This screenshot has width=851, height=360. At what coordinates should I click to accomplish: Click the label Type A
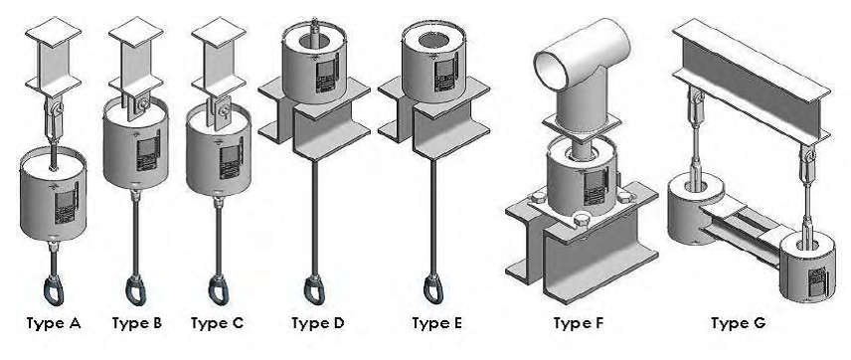coord(55,323)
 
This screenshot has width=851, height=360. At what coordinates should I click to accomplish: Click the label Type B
coord(135,323)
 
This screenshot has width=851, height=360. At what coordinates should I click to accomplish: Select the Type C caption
coord(217,323)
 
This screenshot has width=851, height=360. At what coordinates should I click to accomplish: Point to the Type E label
coord(437,323)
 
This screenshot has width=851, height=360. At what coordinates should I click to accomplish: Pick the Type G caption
coord(738,323)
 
